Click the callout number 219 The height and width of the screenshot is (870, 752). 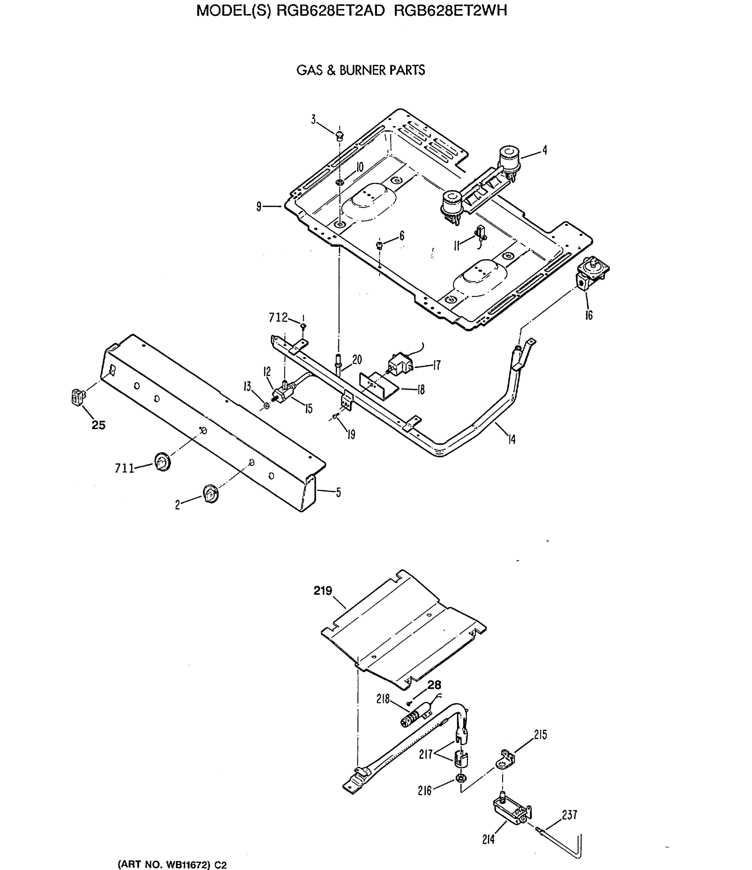pyautogui.click(x=322, y=591)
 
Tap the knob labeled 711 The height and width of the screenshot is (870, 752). pyautogui.click(x=162, y=461)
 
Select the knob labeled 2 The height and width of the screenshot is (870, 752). pyautogui.click(x=210, y=493)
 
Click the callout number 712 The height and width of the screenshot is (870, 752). pyautogui.click(x=278, y=318)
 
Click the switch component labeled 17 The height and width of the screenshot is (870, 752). pyautogui.click(x=401, y=364)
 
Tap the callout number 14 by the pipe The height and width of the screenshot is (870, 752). pyautogui.click(x=511, y=439)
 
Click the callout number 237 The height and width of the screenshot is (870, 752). pyautogui.click(x=569, y=815)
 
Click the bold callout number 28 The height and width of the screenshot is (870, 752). pyautogui.click(x=434, y=685)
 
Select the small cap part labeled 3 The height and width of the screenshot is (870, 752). pyautogui.click(x=340, y=136)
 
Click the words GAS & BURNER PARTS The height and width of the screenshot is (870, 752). pyautogui.click(x=361, y=70)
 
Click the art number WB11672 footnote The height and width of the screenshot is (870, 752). pyautogui.click(x=172, y=865)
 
